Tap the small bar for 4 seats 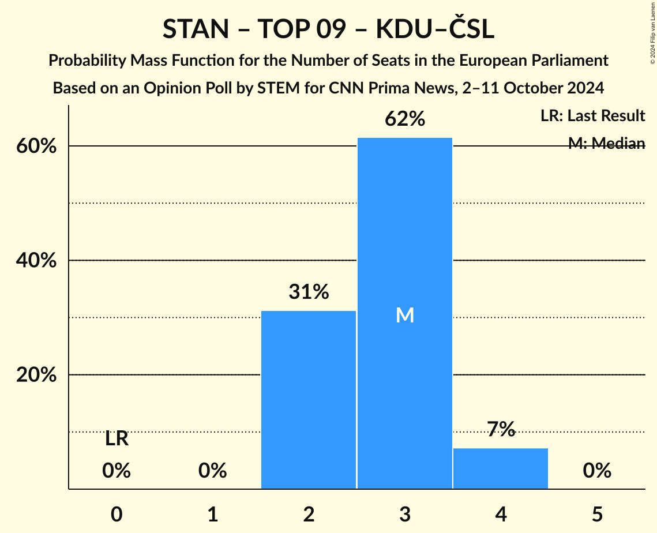click(500, 468)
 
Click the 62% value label click(404, 119)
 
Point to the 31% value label click(309, 292)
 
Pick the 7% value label click(500, 429)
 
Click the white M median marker click(405, 315)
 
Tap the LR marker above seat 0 click(117, 440)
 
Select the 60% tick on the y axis click(36, 147)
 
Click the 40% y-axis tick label click(36, 261)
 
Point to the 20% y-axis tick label click(36, 375)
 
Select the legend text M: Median click(606, 144)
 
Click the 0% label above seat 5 click(596, 471)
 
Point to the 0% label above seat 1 click(212, 471)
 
